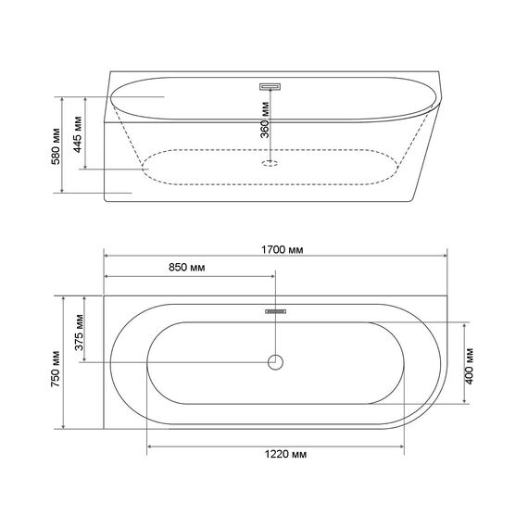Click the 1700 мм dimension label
[283, 250]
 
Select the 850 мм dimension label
[186, 268]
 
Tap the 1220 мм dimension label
[285, 454]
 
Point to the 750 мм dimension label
[56, 369]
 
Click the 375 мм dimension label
[79, 333]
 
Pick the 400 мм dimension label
[469, 366]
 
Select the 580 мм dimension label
[56, 146]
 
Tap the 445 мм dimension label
[78, 134]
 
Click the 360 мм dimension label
[265, 119]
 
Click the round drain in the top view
[275, 362]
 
